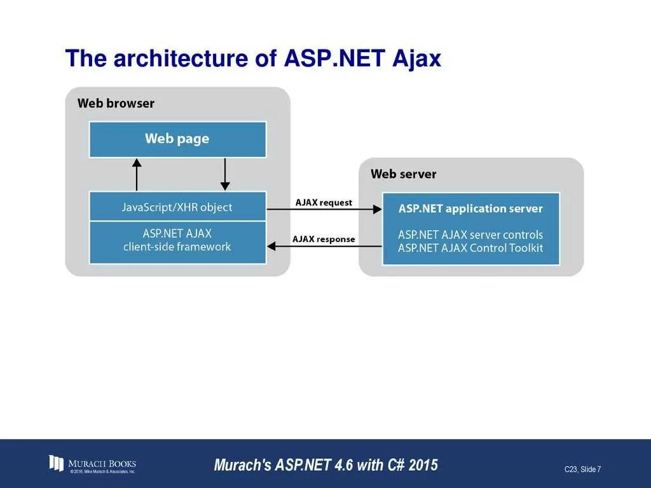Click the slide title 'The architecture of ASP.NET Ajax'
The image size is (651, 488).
253,58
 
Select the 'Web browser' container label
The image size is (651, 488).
116,103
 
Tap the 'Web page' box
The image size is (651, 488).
177,139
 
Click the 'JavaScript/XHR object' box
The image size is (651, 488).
177,207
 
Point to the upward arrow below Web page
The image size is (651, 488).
137,174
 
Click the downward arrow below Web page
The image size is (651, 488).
225,174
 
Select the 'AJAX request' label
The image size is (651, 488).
324,202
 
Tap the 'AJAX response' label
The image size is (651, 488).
324,240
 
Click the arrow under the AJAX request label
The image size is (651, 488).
324,209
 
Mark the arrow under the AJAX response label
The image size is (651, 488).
324,247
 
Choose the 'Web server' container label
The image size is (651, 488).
404,174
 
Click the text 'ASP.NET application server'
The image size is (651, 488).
470,208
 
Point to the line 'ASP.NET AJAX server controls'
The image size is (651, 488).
470,234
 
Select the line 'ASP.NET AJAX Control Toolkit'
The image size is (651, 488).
470,248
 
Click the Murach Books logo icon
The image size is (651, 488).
57,463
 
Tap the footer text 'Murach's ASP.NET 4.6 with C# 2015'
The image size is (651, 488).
326,464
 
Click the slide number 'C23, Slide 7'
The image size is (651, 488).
582,470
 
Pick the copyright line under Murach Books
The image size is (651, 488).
102,471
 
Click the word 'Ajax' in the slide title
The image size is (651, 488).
416,58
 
